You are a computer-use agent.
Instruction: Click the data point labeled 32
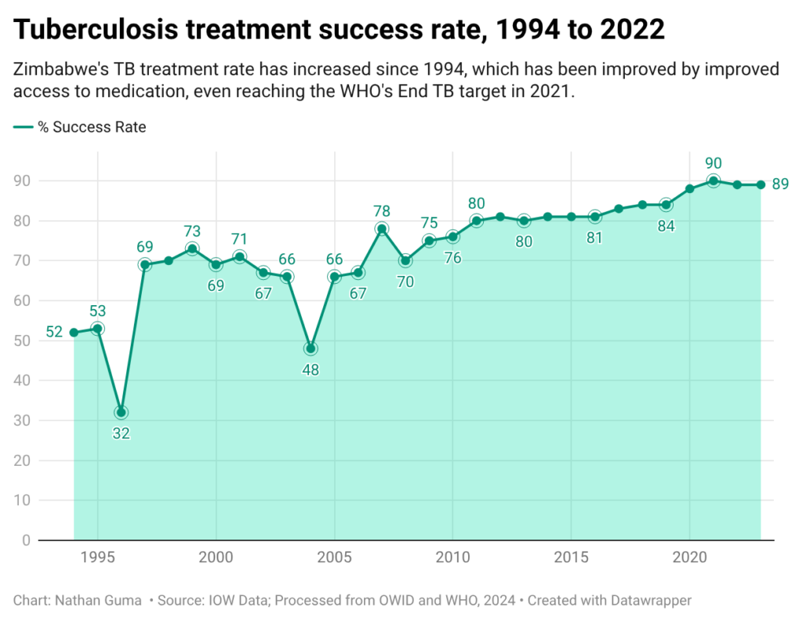(121, 413)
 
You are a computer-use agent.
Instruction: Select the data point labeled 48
(311, 348)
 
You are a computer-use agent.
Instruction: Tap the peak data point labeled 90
(714, 181)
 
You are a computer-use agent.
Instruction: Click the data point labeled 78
(382, 228)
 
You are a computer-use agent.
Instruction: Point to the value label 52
(54, 332)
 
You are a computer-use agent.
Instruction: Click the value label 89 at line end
(779, 185)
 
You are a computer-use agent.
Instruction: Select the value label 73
(192, 231)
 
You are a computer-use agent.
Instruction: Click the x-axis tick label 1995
(97, 558)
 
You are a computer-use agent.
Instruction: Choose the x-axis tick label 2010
(452, 558)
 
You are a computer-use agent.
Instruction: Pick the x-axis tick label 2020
(689, 558)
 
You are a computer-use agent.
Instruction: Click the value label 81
(594, 237)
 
